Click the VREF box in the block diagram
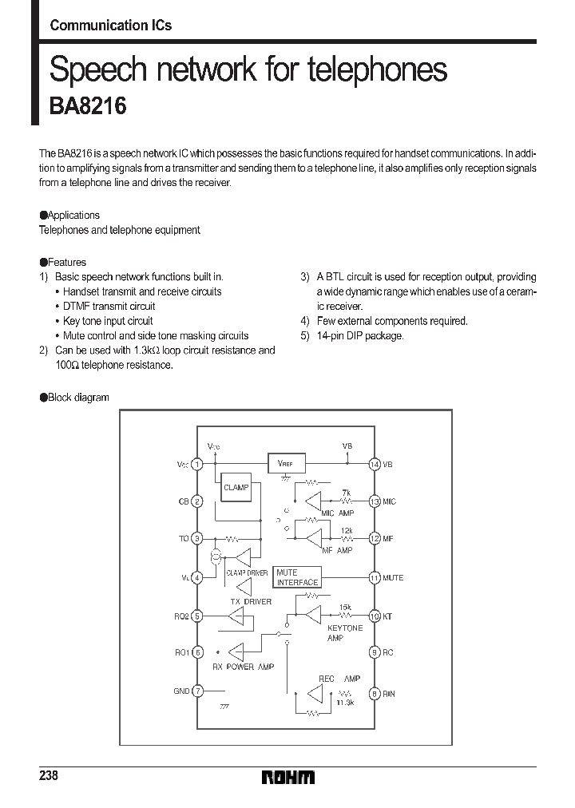tap(285, 463)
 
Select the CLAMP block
tap(236, 487)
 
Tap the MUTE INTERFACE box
tap(297, 577)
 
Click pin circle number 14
tap(374, 464)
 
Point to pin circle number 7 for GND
tap(198, 691)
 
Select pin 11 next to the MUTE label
tap(374, 577)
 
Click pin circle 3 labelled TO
tap(198, 539)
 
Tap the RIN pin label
tap(389, 694)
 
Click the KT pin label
tap(387, 616)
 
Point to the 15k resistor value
tap(346, 607)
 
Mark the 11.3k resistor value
tap(344, 702)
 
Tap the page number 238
tap(49, 776)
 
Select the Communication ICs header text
tap(110, 25)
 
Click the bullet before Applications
tap(44, 216)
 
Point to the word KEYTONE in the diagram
tap(344, 628)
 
